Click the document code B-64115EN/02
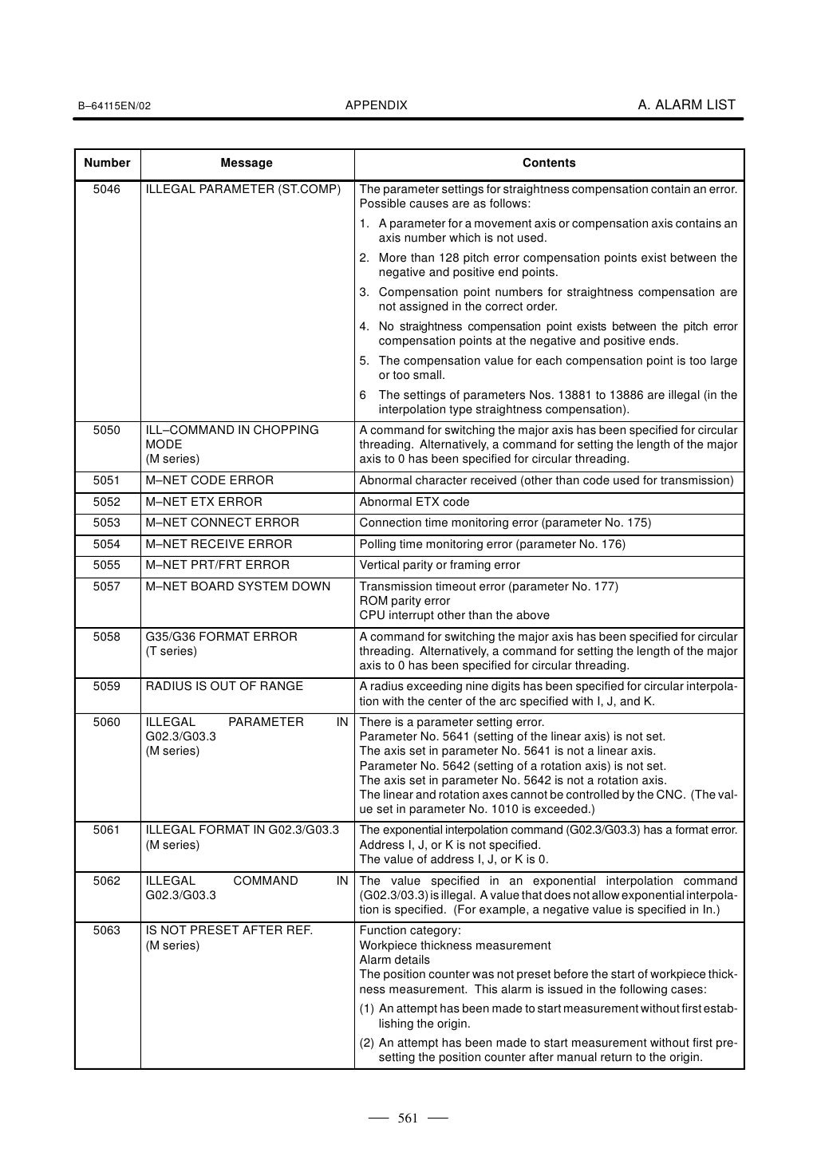pyautogui.click(x=113, y=106)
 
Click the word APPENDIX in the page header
pyautogui.click(x=377, y=105)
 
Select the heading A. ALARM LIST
pyautogui.click(x=686, y=105)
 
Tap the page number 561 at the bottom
pyautogui.click(x=408, y=1119)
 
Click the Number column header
pyautogui.click(x=107, y=163)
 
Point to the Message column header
pyautogui.click(x=247, y=163)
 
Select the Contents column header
pyautogui.click(x=549, y=163)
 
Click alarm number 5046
pyautogui.click(x=107, y=189)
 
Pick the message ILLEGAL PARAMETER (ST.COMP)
pyautogui.click(x=243, y=189)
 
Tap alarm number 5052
pyautogui.click(x=107, y=502)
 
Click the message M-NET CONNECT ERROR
pyautogui.click(x=222, y=523)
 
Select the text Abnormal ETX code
pyautogui.click(x=414, y=502)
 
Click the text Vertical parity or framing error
pyautogui.click(x=440, y=565)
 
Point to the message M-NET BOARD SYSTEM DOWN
pyautogui.click(x=237, y=586)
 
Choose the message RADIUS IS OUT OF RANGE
pyautogui.click(x=224, y=686)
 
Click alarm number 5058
pyautogui.click(x=107, y=637)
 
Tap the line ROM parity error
pyautogui.click(x=405, y=601)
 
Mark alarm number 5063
pyautogui.click(x=107, y=931)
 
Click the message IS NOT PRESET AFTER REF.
pyautogui.click(x=229, y=931)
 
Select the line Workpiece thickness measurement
pyautogui.click(x=455, y=945)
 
